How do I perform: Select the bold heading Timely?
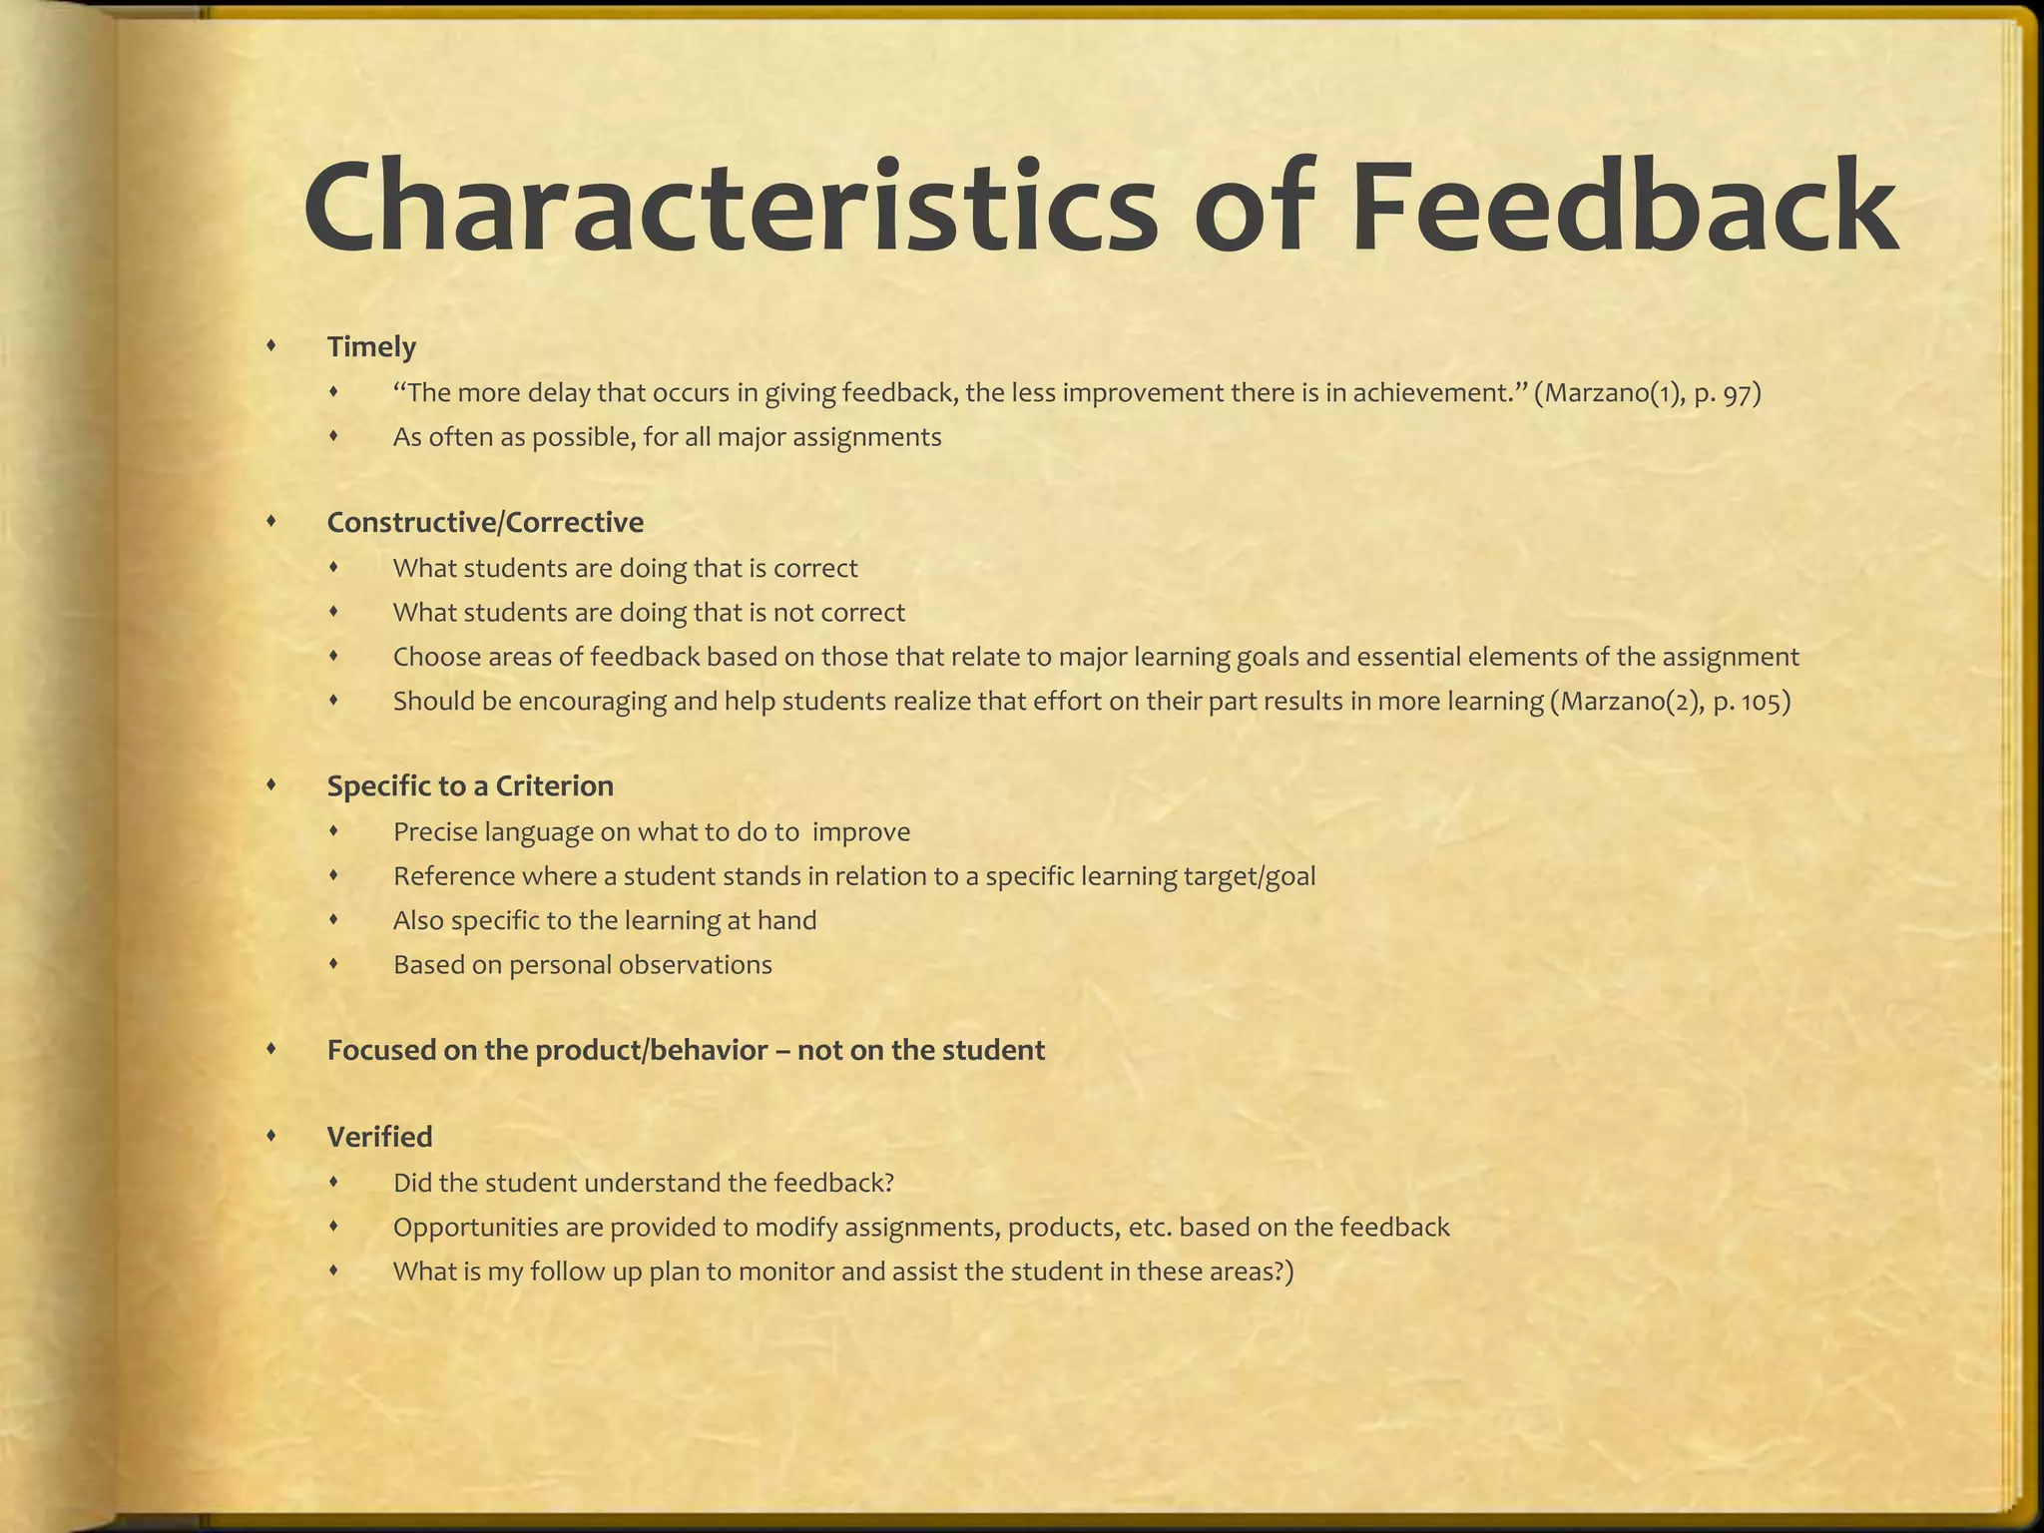click(371, 347)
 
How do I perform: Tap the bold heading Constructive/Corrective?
click(485, 522)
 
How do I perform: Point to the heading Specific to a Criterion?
click(470, 786)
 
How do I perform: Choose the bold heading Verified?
click(379, 1137)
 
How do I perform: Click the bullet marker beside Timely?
click(271, 346)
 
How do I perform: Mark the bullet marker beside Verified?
click(271, 1136)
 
